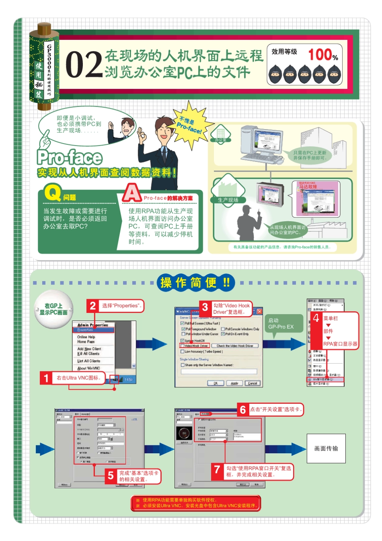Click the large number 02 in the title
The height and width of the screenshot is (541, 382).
84,64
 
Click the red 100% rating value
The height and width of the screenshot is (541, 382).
322,55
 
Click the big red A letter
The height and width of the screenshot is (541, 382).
131,193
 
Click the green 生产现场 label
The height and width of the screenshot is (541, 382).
228,200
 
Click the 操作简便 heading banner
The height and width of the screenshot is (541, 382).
196,283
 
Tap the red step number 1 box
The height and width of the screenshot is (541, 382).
46,378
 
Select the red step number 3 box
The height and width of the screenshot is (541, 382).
205,308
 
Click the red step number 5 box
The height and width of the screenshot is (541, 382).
111,476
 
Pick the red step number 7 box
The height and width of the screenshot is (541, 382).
217,469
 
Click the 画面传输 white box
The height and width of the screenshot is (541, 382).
326,448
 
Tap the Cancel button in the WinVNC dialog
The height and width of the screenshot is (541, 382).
253,383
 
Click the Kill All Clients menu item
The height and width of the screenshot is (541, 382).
88,354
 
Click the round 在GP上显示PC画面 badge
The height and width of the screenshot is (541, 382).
53,309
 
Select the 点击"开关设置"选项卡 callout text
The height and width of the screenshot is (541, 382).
275,409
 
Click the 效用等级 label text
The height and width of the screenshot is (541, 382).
284,51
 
